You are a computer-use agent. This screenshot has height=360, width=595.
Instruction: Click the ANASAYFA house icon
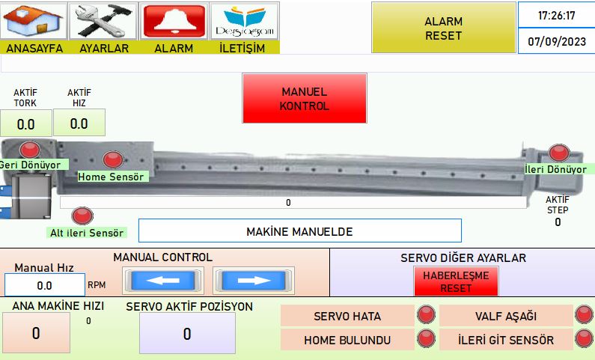[34, 21]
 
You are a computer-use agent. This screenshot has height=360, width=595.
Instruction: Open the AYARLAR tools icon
[104, 21]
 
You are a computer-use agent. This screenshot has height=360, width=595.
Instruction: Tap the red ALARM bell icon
[174, 21]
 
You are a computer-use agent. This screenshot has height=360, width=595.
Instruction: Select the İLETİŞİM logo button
[245, 21]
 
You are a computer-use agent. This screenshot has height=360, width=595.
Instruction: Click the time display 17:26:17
[556, 15]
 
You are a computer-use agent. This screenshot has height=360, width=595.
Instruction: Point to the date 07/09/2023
[556, 41]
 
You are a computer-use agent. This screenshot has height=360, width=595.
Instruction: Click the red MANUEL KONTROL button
[305, 98]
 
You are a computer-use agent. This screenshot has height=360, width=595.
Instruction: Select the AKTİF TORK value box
[25, 123]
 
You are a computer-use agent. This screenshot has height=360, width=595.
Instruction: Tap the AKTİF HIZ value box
[79, 123]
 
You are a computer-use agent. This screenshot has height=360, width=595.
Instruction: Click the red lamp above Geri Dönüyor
[30, 150]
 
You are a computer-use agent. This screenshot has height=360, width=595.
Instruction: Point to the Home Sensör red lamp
[113, 159]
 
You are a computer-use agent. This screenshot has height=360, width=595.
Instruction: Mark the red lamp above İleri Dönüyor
[559, 153]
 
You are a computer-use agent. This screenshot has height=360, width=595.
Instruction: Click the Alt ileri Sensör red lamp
[82, 216]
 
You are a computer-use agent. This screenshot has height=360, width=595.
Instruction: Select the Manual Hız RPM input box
[45, 285]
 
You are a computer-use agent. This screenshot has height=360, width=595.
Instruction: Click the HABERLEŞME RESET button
[456, 281]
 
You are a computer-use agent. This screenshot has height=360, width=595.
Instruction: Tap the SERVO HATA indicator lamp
[426, 315]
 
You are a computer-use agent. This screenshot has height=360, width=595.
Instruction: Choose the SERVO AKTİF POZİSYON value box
[187, 333]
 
